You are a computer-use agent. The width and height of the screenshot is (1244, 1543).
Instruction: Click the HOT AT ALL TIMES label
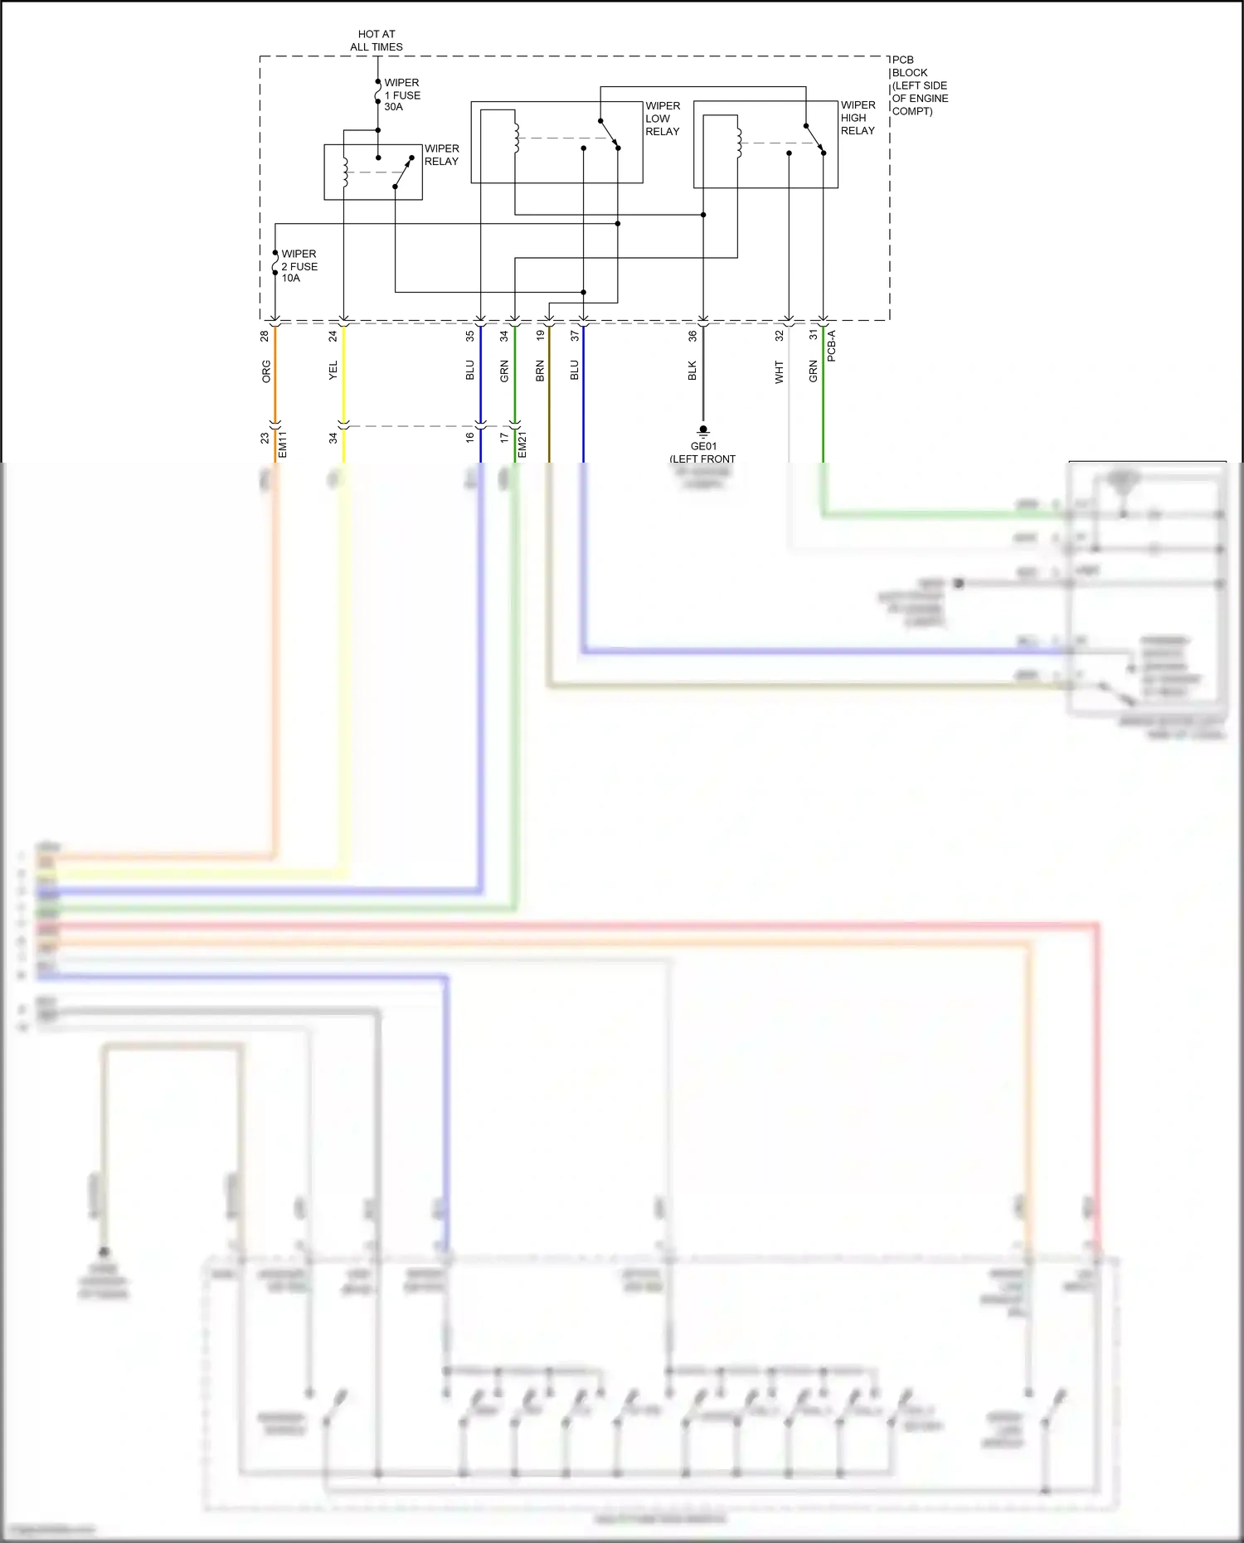click(377, 41)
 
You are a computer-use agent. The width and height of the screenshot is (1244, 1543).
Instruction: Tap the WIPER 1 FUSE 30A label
click(402, 95)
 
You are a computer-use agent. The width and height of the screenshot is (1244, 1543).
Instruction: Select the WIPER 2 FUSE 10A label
click(299, 266)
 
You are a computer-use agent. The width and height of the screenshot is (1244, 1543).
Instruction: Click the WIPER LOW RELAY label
click(663, 119)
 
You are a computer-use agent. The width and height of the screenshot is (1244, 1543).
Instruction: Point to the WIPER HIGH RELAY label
click(858, 118)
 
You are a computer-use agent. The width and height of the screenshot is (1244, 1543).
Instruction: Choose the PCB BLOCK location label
click(919, 85)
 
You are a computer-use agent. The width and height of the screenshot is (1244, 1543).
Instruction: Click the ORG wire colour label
click(266, 371)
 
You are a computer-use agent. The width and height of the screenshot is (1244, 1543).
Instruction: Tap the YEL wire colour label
click(333, 371)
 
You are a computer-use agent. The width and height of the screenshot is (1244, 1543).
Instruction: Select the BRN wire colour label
click(540, 371)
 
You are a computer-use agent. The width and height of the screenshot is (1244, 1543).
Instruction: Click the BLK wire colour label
click(692, 371)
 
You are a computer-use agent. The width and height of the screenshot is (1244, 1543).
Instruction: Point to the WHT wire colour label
click(779, 371)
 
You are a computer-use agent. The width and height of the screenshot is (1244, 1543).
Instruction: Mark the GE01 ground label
click(703, 446)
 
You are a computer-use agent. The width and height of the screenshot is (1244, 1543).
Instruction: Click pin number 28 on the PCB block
click(265, 336)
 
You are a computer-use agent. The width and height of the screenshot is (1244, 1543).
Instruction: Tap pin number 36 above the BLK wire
click(692, 336)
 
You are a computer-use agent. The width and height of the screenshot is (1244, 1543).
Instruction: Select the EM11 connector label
click(282, 444)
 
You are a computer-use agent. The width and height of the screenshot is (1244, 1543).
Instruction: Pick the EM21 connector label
click(522, 444)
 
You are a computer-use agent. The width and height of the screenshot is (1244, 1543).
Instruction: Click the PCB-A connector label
click(831, 346)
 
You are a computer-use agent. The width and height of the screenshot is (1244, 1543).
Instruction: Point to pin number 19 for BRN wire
click(540, 336)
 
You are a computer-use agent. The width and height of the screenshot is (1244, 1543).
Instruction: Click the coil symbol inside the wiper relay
click(345, 171)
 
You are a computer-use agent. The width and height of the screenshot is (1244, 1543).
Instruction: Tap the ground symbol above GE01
click(703, 430)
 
